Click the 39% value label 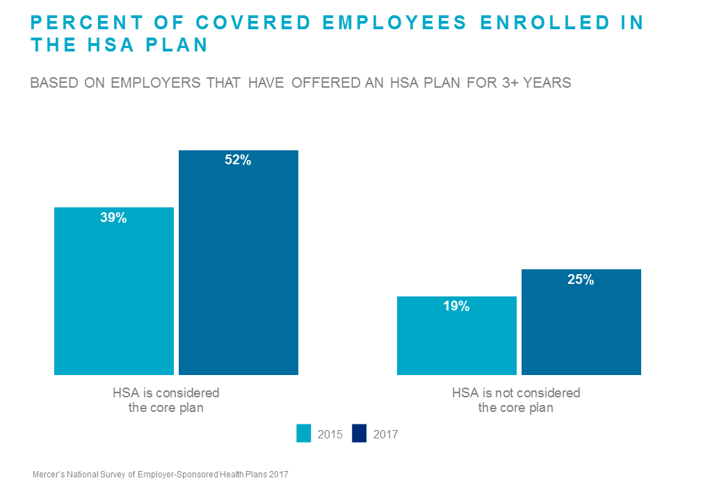tap(113, 218)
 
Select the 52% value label tap(238, 161)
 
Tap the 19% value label tap(456, 306)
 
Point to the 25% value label tap(581, 280)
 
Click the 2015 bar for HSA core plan tap(113, 299)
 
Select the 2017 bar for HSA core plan tap(238, 271)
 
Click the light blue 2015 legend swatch tap(304, 434)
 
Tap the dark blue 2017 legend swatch tap(360, 434)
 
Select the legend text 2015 tap(330, 434)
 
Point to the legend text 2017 tap(386, 434)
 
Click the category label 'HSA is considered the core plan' tap(166, 400)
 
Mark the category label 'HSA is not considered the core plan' tap(515, 400)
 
